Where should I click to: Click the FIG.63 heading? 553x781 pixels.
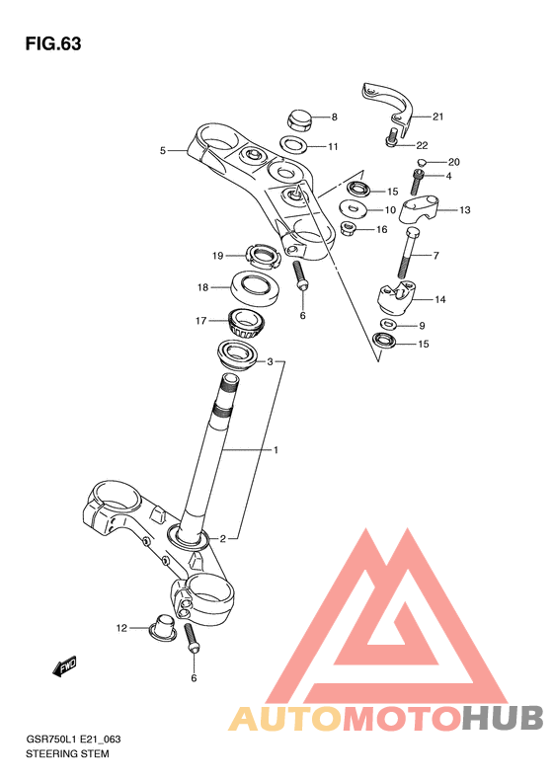(x=53, y=43)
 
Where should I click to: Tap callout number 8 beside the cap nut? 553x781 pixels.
(x=335, y=117)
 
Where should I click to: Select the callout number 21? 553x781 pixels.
(x=437, y=117)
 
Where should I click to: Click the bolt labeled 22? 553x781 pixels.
(x=393, y=137)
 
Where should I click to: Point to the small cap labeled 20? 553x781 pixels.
(x=421, y=162)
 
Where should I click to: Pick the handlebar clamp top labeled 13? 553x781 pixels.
(x=419, y=207)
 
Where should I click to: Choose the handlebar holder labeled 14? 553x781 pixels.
(x=396, y=298)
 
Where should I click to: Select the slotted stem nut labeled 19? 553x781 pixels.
(x=262, y=257)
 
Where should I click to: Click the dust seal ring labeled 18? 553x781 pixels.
(x=255, y=288)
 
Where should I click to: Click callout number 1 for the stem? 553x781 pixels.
(x=276, y=450)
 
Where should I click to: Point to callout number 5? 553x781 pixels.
(x=162, y=150)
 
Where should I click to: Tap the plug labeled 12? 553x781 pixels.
(x=162, y=627)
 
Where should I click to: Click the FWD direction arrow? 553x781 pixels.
(x=64, y=665)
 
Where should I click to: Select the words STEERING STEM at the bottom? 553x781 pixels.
(x=67, y=753)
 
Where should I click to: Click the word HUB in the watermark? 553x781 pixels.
(x=503, y=718)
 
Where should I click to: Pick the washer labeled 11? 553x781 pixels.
(x=294, y=145)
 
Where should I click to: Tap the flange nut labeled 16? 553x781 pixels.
(x=349, y=229)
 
